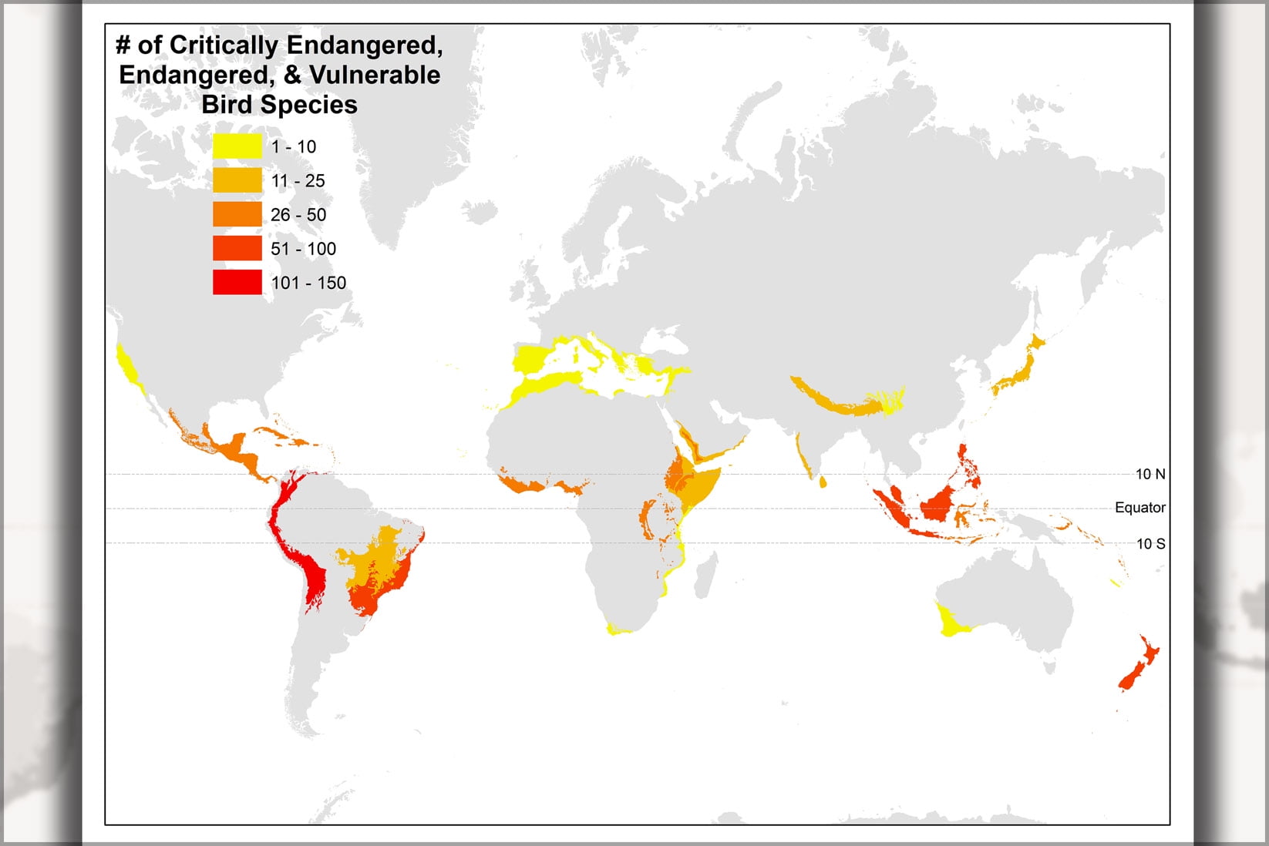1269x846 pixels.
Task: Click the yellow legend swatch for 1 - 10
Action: pos(237,146)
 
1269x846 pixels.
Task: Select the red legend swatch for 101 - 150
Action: pos(237,282)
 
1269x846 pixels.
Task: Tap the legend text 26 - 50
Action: pos(298,215)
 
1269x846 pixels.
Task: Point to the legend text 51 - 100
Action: pos(303,249)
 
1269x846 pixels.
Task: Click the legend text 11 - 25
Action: pos(298,181)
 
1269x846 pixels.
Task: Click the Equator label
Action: pos(1139,508)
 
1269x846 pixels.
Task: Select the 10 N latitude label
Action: pos(1150,475)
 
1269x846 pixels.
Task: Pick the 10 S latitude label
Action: pos(1150,544)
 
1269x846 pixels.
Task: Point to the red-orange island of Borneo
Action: pos(940,504)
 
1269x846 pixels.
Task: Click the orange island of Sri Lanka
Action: pos(822,483)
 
